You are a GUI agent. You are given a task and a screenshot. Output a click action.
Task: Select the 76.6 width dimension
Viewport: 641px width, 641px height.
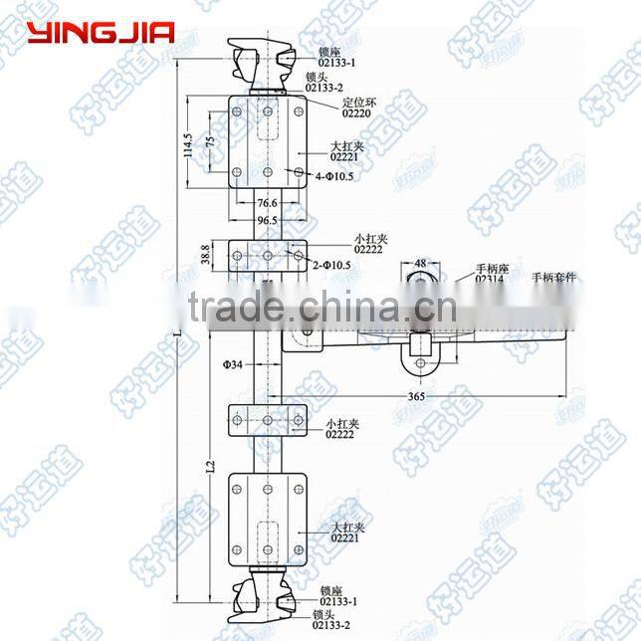click(x=266, y=203)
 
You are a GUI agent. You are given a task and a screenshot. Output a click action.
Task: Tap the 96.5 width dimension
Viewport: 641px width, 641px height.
click(x=266, y=219)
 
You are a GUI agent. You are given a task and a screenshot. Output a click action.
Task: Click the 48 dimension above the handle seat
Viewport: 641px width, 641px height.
click(x=420, y=264)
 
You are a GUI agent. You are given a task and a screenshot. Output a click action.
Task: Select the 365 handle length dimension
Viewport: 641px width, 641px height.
click(x=417, y=397)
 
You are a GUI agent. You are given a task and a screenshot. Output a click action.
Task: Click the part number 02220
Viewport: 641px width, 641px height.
click(x=355, y=113)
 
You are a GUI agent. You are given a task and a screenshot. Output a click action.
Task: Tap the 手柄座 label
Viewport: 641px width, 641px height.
click(x=490, y=268)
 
